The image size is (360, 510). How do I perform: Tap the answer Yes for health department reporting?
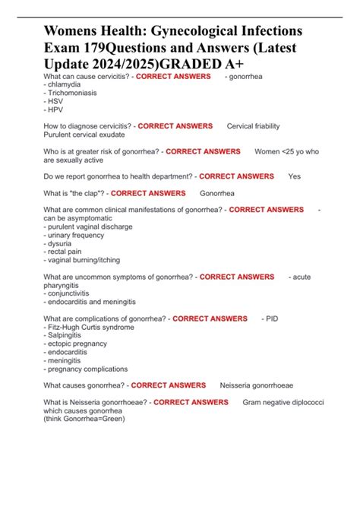pyautogui.click(x=295, y=176)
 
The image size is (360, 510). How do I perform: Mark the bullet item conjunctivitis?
pyautogui.click(x=71, y=293)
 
